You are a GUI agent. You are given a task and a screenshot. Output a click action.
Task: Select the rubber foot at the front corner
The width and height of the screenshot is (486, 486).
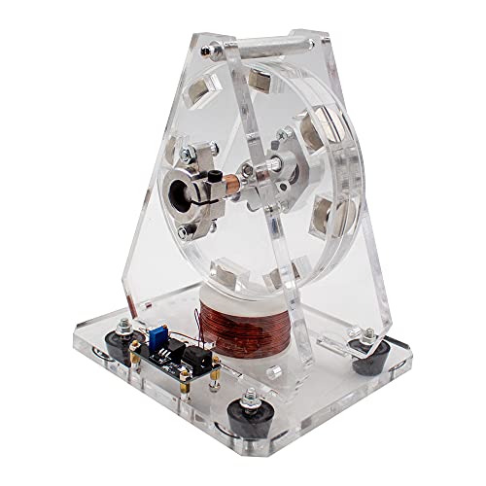pos(258,422)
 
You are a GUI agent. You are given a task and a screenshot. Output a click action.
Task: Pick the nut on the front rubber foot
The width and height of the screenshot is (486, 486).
pos(257,400)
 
